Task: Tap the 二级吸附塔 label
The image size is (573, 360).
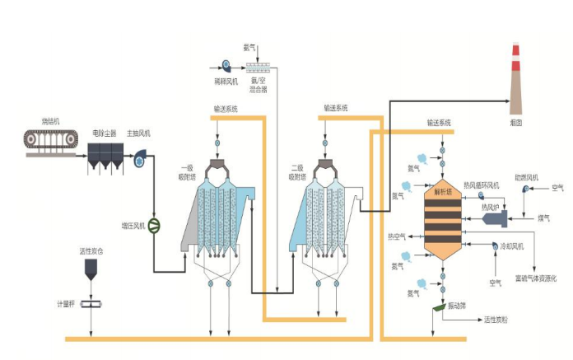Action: coord(296,173)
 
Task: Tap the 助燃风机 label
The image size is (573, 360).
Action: coord(526,177)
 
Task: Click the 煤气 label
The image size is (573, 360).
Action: coord(544,218)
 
